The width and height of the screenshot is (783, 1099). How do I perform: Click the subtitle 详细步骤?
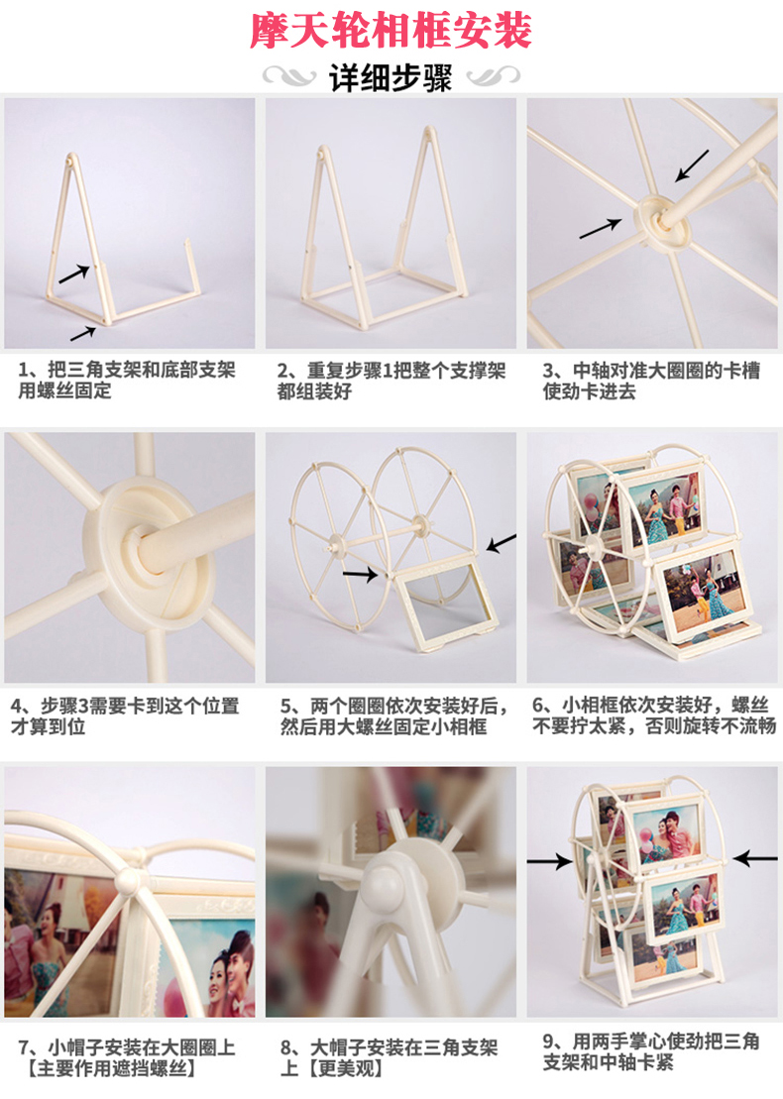[391, 78]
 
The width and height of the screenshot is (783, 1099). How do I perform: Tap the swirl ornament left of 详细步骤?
[289, 75]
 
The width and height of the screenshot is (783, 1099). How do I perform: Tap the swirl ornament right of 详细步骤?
[494, 75]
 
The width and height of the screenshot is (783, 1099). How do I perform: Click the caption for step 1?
[127, 380]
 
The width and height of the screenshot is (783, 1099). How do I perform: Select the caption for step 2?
[391, 381]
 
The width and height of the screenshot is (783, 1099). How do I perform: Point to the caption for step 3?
[651, 381]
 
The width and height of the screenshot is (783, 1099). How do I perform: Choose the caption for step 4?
[126, 715]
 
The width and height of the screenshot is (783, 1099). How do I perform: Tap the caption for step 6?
[654, 714]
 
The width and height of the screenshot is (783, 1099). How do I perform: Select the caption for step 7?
[127, 1058]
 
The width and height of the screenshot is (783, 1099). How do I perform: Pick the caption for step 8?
[390, 1058]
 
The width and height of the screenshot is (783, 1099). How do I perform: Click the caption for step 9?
[651, 1051]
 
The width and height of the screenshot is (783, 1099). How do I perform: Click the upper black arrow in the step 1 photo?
[74, 275]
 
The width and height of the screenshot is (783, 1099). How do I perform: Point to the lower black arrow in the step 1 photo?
[83, 334]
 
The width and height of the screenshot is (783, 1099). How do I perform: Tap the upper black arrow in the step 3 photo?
[692, 166]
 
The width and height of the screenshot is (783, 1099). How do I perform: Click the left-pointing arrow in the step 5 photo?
[502, 543]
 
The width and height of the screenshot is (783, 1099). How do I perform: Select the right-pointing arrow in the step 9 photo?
[549, 861]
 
